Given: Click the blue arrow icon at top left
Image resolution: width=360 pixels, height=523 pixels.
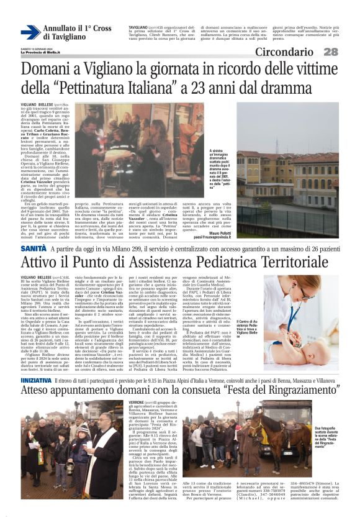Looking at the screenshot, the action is (30, 32).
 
